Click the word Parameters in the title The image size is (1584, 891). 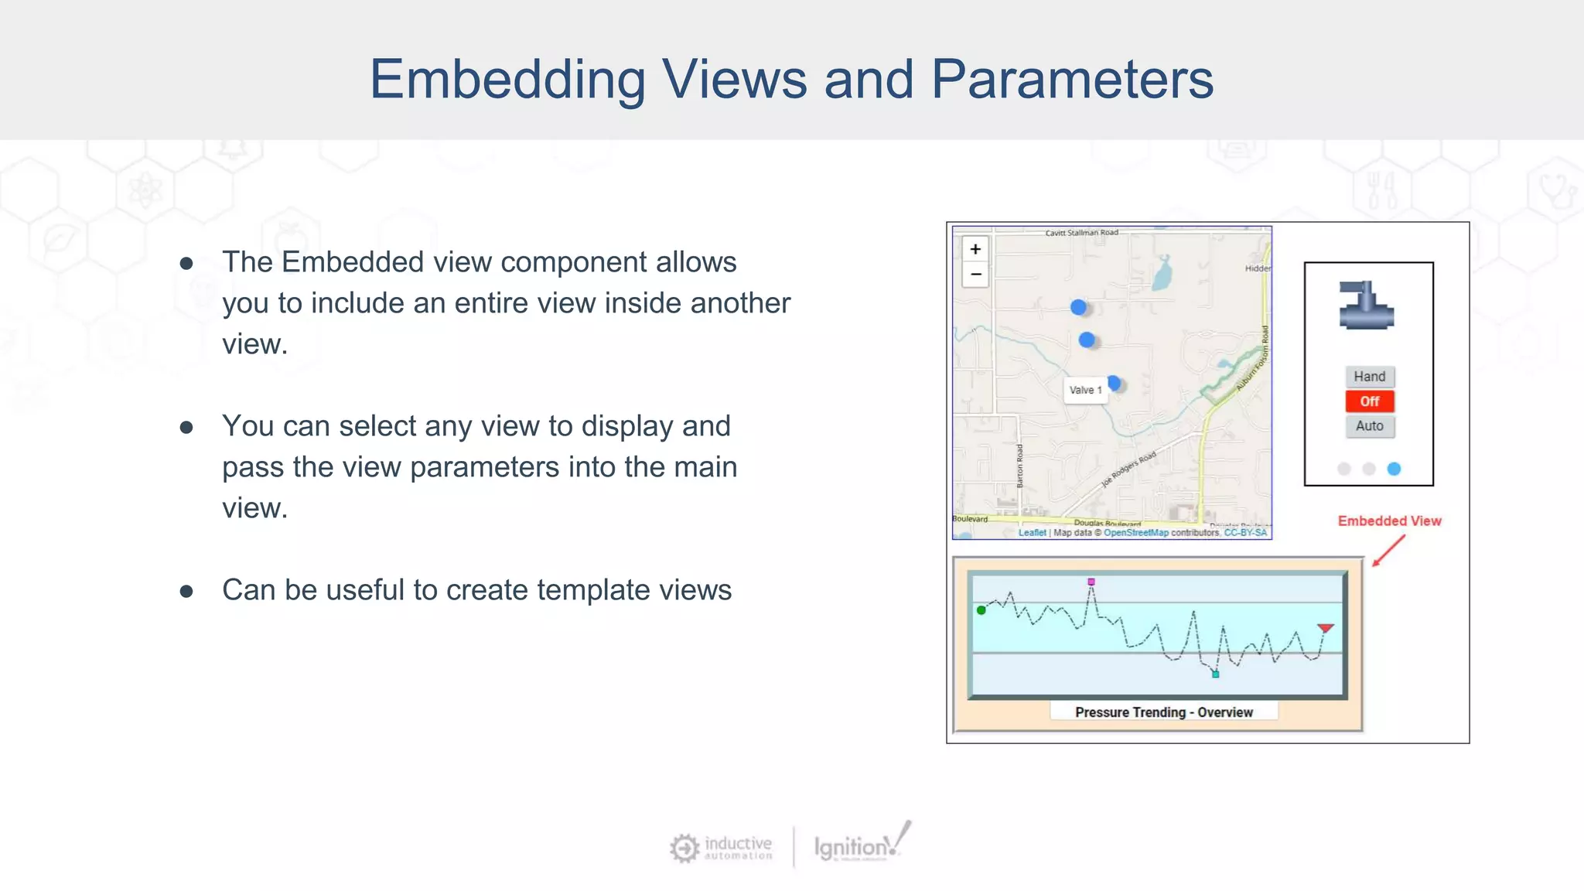tap(1072, 80)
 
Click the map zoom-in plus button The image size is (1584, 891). tap(975, 249)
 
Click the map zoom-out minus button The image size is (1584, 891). tap(975, 275)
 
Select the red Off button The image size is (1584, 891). tap(1369, 401)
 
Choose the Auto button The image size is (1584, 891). tap(1369, 426)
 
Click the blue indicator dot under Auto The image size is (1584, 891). tap(1394, 469)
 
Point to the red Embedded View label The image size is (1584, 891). tap(1389, 521)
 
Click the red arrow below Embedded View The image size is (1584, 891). tap(1388, 551)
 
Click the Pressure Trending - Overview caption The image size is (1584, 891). tap(1163, 712)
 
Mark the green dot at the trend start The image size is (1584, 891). tap(981, 610)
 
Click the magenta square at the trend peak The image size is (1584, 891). tap(1091, 582)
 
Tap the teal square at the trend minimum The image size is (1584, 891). tap(1216, 674)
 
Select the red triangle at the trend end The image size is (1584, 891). tap(1326, 628)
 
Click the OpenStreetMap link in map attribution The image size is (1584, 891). tap(1135, 533)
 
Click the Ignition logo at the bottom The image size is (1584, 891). tap(862, 845)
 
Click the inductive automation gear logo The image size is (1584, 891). tap(684, 848)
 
